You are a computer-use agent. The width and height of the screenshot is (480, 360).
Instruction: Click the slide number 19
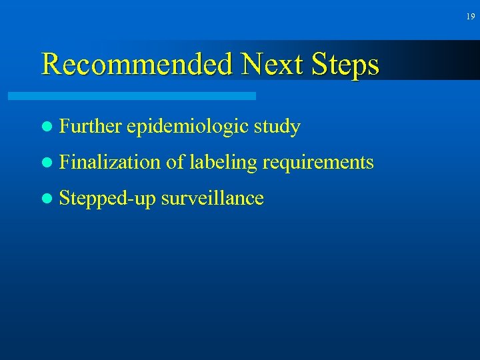pyautogui.click(x=471, y=17)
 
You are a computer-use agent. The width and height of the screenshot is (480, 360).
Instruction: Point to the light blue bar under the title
pyautogui.click(x=132, y=96)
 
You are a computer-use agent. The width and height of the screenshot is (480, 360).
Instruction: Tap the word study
pyautogui.click(x=281, y=127)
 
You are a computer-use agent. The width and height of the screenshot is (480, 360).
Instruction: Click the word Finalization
pyautogui.click(x=110, y=162)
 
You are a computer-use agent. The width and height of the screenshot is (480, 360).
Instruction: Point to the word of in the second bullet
pyautogui.click(x=175, y=162)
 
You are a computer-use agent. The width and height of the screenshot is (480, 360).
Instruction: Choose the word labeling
pyautogui.click(x=223, y=163)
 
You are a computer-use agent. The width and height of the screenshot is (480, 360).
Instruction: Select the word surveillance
pyautogui.click(x=213, y=198)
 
